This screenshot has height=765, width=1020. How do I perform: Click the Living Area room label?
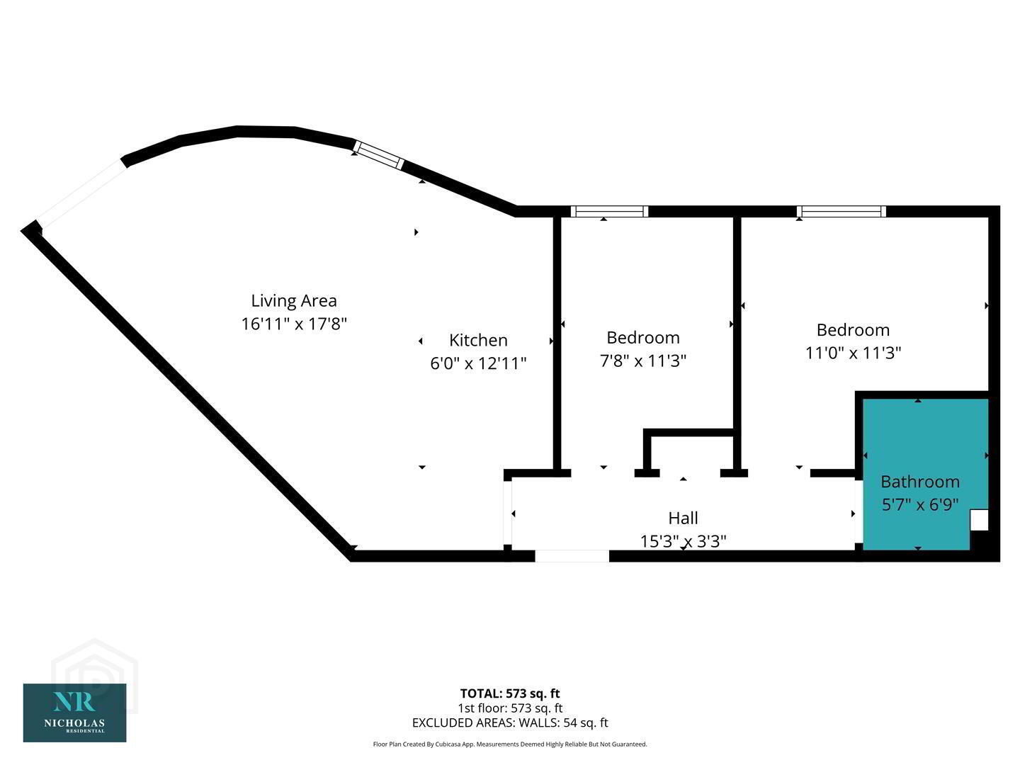294,300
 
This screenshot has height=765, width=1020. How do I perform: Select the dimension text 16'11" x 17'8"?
294,324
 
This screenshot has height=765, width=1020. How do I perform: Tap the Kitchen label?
478,340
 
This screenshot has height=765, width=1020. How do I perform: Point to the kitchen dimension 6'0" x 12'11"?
478,363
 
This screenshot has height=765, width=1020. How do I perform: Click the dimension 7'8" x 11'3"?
643,361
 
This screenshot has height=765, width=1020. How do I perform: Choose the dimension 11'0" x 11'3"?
853,352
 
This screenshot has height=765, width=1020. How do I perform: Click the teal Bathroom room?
917,439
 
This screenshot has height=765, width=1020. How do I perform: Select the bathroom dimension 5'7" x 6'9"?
919,504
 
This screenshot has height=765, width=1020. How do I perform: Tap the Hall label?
683,518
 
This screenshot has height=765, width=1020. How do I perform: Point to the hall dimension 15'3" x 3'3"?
683,541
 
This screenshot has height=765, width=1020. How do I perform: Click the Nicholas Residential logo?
74,713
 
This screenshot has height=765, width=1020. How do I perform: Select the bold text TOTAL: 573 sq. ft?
510,693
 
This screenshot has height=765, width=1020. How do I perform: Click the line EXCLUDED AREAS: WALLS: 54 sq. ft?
510,722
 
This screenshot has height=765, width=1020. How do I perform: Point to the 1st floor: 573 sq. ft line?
510,708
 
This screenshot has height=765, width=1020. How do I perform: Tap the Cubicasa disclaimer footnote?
510,744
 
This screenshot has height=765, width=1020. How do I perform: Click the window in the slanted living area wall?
379,155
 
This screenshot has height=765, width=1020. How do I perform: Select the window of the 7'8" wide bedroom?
609,211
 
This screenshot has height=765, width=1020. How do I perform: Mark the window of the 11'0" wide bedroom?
841,211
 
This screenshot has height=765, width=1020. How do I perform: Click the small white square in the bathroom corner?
978,520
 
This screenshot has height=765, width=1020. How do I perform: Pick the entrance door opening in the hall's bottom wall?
572,556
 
